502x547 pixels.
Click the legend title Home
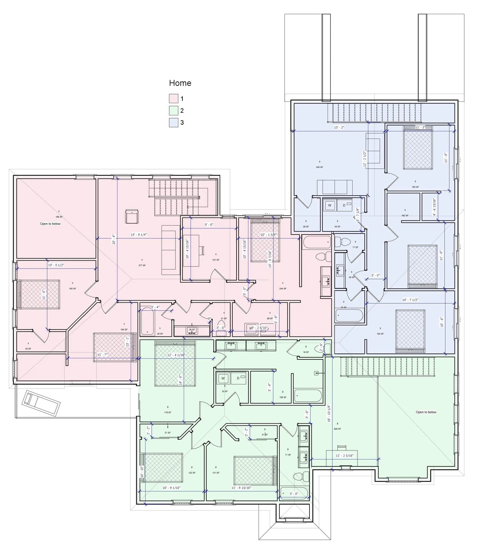tap(180, 83)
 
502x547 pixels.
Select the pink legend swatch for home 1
tap(173, 99)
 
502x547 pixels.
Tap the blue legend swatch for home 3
tap(173, 122)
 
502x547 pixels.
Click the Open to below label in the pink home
tap(50, 224)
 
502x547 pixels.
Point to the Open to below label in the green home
tap(426, 412)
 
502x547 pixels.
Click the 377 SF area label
tap(142, 265)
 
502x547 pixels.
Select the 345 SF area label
tap(319, 167)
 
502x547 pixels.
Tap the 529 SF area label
tap(337, 429)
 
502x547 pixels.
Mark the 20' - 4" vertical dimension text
tap(114, 240)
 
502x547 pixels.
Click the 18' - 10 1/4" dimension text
tap(329, 413)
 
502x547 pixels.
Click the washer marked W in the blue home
tap(330, 205)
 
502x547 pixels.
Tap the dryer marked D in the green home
tap(238, 378)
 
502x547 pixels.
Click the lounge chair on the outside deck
tap(41, 403)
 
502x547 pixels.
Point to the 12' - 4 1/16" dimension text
tap(176, 355)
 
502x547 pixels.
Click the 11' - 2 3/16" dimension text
tap(344, 456)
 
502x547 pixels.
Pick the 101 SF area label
tap(215, 260)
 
